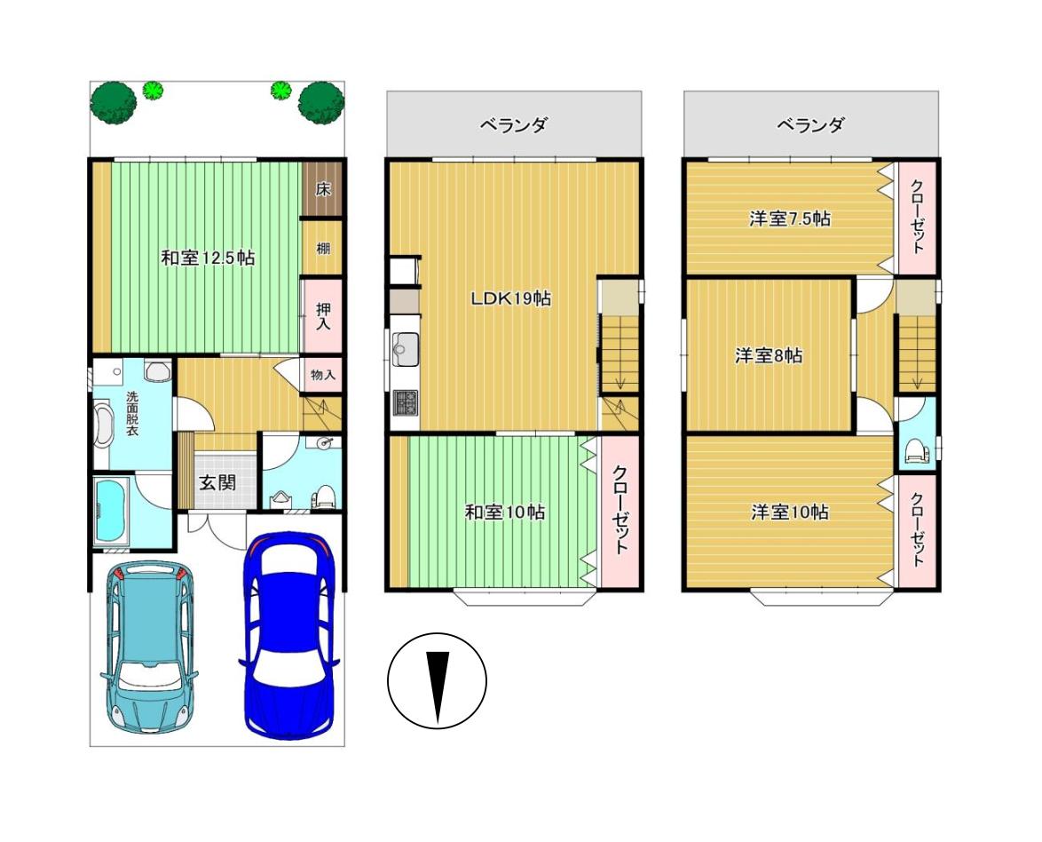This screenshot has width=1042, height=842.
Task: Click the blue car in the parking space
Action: [290, 635]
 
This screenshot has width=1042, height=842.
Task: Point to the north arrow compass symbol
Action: [438, 680]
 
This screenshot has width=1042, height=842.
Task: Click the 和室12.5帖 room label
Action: [208, 258]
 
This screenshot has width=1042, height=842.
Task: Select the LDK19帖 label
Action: [511, 298]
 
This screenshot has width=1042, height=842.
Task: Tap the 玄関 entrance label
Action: [218, 482]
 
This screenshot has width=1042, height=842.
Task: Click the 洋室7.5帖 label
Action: [789, 218]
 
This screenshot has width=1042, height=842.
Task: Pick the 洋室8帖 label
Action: [769, 355]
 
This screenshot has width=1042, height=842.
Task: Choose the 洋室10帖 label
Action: [789, 512]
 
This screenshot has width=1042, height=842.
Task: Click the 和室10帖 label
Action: [505, 512]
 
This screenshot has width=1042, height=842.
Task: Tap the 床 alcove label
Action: [323, 189]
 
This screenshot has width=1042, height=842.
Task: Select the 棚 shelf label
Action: [323, 248]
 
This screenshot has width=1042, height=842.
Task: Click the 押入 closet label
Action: [324, 316]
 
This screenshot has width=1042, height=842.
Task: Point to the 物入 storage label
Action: [323, 375]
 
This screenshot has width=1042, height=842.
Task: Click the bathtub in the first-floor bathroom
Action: [112, 511]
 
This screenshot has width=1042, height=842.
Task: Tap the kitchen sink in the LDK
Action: [405, 348]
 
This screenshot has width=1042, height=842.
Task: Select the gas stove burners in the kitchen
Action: [405, 401]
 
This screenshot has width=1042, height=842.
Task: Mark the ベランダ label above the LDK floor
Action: [514, 124]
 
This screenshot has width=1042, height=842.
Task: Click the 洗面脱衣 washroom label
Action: [132, 413]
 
